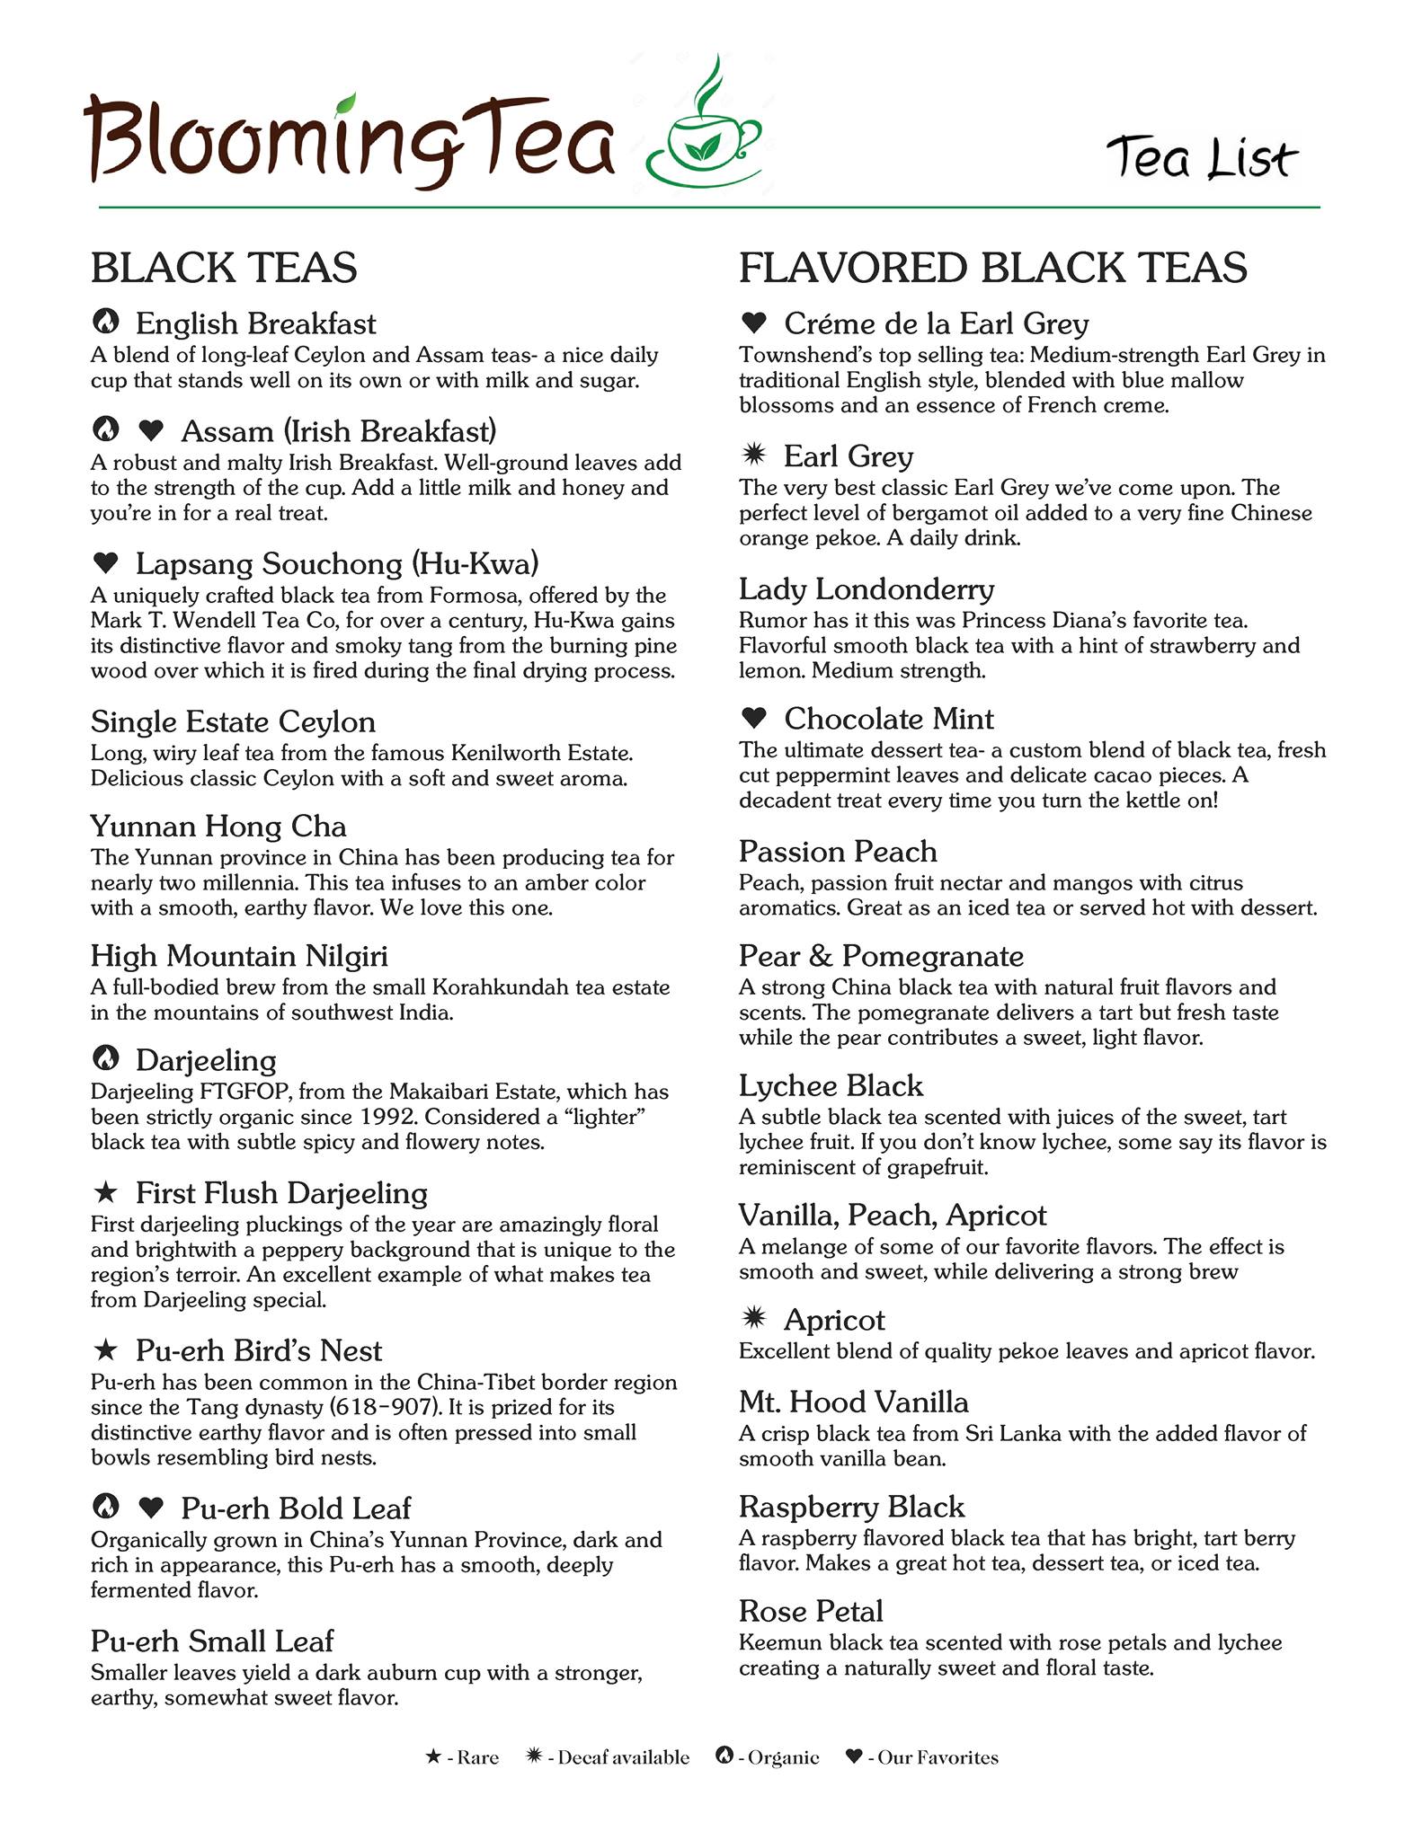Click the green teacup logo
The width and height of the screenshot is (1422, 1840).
coord(704,130)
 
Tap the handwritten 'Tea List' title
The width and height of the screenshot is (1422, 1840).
coord(1202,158)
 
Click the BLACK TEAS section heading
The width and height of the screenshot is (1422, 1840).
coord(224,268)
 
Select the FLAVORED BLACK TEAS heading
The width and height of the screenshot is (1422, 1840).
coord(992,268)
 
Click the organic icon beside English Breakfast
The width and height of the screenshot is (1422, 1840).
coord(106,321)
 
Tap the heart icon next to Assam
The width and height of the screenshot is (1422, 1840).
coord(151,431)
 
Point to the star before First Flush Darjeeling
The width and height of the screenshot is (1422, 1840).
coord(106,1192)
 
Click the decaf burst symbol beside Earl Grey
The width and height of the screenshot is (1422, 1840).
coord(753,455)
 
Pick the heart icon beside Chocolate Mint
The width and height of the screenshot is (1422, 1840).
coord(753,718)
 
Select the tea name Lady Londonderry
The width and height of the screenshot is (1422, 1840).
coord(866,589)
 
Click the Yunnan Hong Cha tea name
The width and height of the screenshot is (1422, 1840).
coord(218,826)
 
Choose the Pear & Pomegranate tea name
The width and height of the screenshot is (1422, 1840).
coord(881,955)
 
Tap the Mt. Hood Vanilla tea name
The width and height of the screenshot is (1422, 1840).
coord(853,1402)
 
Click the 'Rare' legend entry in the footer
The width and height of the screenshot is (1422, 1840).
coord(463,1757)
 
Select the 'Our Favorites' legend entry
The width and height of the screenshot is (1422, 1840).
coord(923,1757)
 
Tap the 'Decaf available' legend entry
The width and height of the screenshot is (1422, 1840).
coord(609,1757)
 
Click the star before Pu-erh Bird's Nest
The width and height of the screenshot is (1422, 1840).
coord(106,1349)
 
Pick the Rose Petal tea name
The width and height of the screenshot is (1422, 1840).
coord(811,1610)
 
